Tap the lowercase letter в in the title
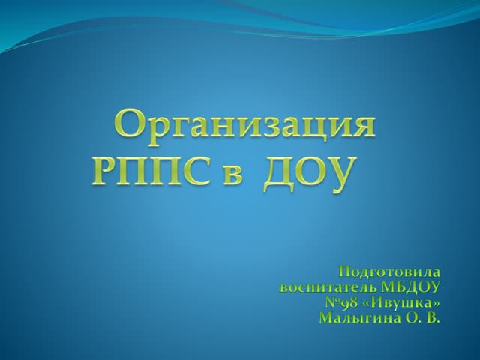(x=232, y=175)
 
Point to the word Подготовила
(x=390, y=271)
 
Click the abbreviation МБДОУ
(x=410, y=287)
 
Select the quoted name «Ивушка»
(x=402, y=303)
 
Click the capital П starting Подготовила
(x=345, y=271)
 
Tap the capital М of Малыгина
(x=327, y=317)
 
